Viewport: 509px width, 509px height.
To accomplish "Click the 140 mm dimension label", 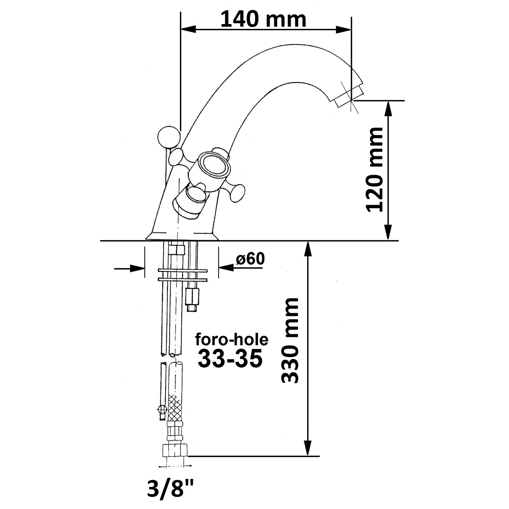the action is pyautogui.click(x=263, y=19).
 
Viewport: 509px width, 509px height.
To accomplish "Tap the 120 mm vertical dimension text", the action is pyautogui.click(x=375, y=170).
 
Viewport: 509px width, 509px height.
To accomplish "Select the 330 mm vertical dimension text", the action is pyautogui.click(x=290, y=341).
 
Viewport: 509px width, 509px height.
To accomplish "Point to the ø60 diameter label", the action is pyautogui.click(x=250, y=259).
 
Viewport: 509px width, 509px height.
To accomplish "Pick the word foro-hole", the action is pyautogui.click(x=231, y=340).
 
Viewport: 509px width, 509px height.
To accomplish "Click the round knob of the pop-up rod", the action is pyautogui.click(x=168, y=137).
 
